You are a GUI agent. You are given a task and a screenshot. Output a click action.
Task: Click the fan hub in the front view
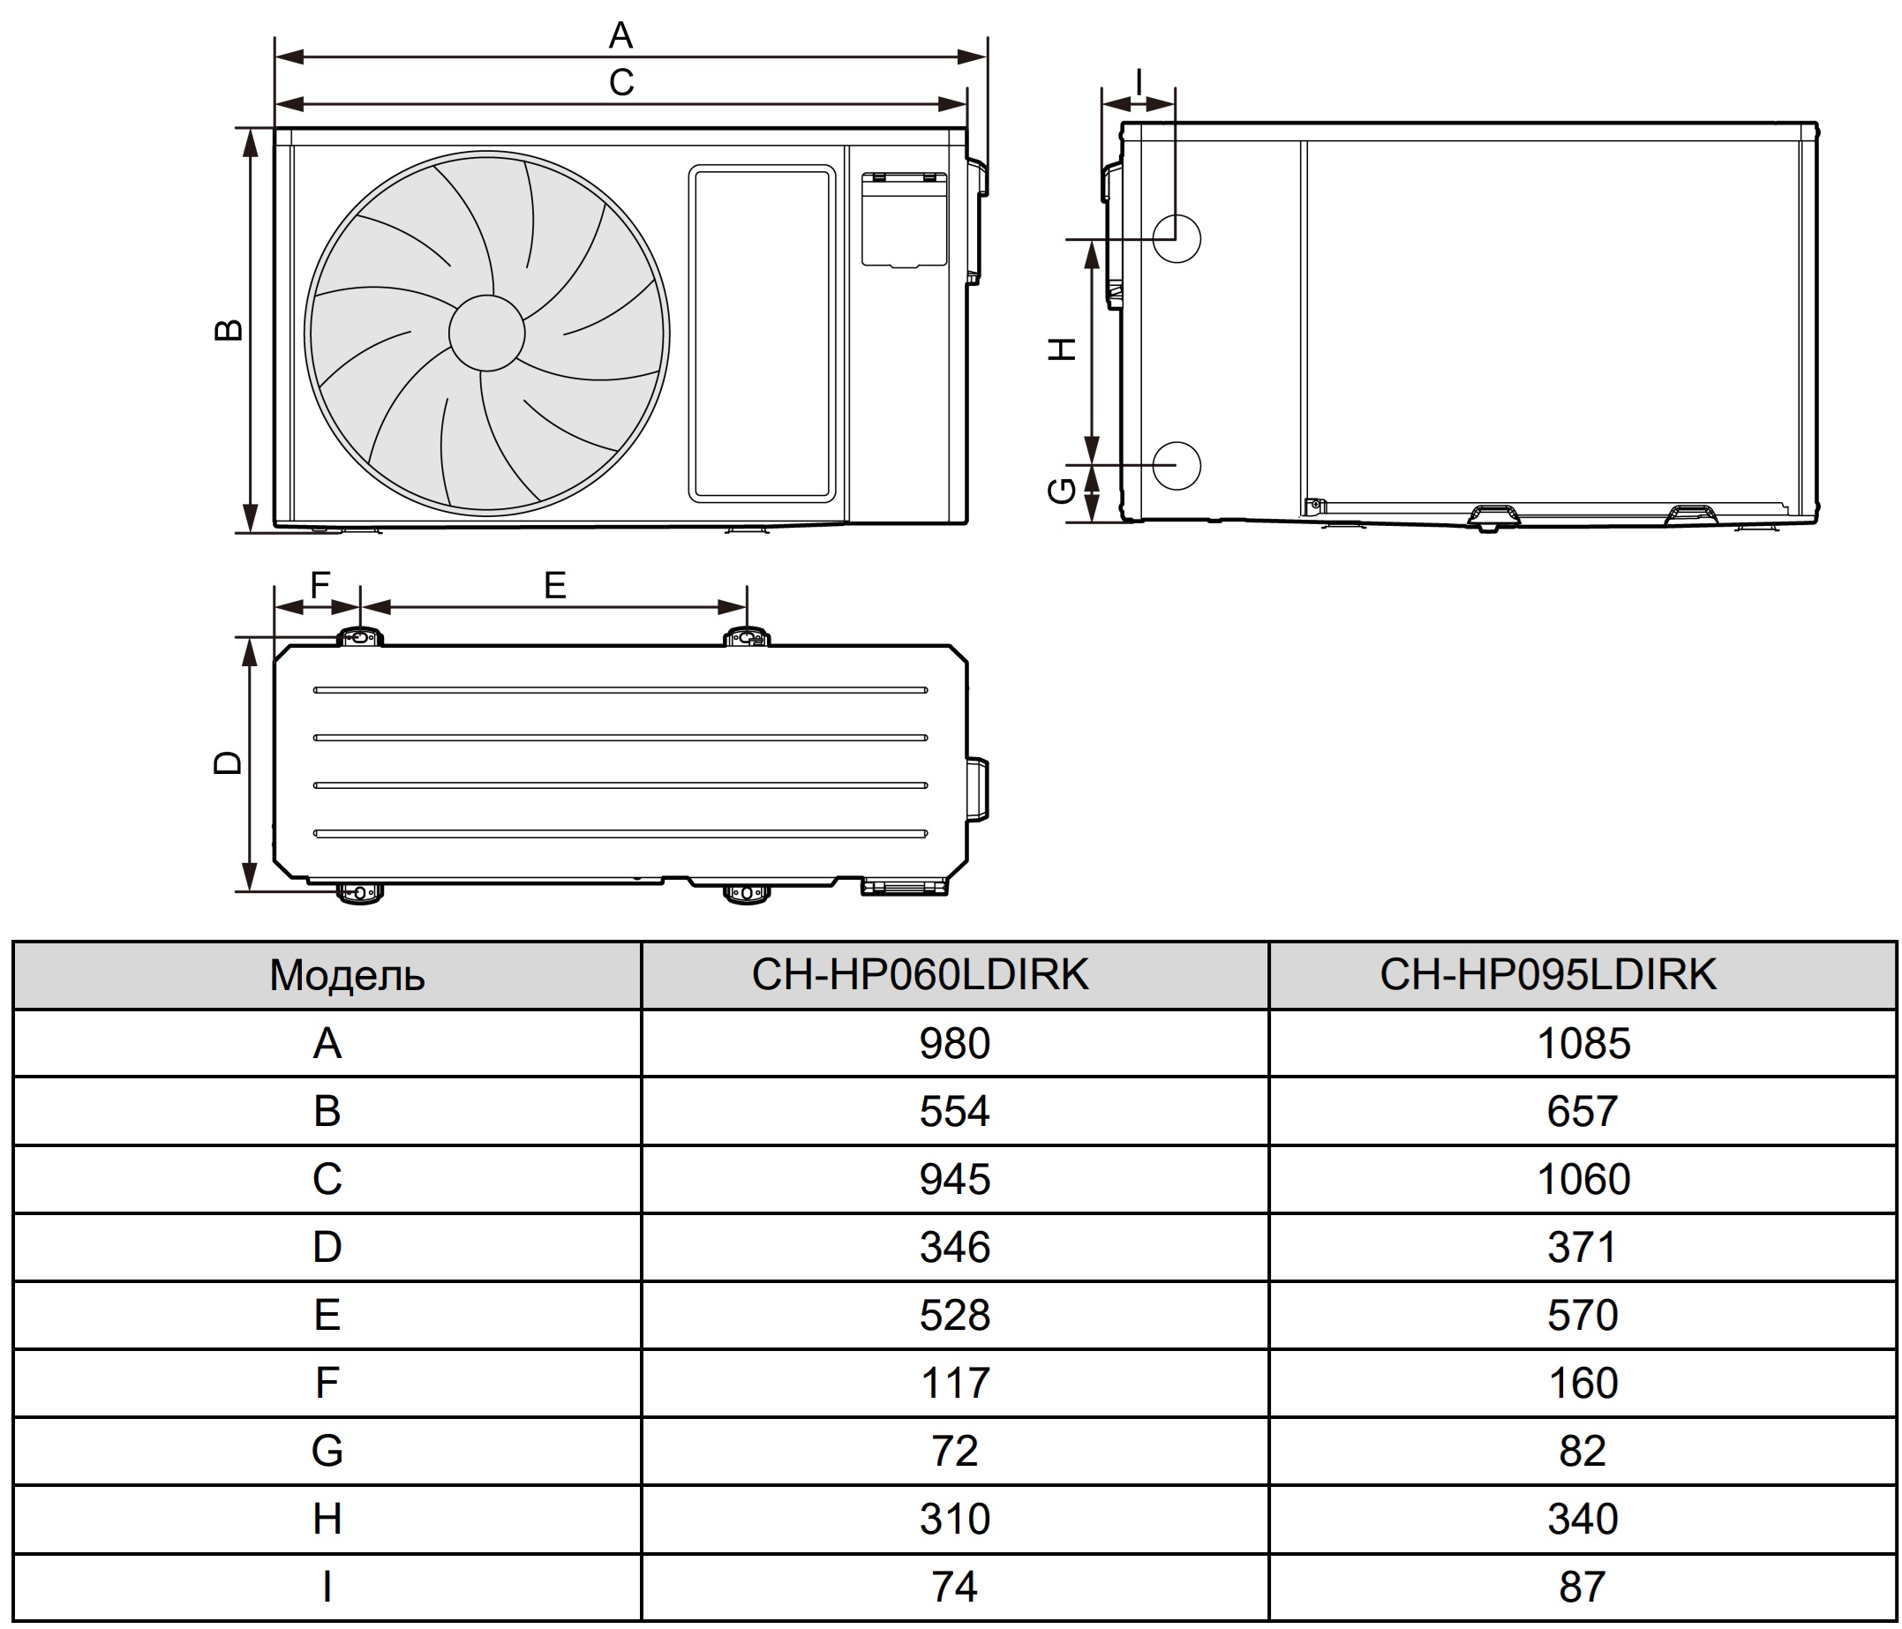486,332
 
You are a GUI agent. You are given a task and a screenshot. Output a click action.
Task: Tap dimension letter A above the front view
620,36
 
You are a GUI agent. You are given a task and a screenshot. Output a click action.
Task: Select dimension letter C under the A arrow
621,83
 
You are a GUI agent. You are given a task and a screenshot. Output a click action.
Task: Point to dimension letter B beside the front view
228,329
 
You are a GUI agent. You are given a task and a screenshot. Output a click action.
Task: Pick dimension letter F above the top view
320,584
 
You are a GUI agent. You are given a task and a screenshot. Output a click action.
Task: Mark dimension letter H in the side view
1062,349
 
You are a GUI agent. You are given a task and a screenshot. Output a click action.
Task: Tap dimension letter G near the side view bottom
1062,491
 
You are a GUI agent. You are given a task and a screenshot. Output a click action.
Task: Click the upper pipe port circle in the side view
1176,238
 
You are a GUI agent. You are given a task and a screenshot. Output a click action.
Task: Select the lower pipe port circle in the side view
1176,464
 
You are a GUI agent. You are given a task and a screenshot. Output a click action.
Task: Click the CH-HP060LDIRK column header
920,974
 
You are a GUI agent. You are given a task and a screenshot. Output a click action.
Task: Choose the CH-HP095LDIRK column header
1548,974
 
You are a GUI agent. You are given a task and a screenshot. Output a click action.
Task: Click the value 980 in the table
955,1043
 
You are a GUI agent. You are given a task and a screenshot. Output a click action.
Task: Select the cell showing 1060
1583,1179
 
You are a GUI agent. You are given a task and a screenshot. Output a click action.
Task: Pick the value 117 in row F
955,1383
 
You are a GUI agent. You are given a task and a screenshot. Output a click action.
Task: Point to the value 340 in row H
1582,1519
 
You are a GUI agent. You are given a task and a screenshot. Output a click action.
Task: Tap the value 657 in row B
1582,1111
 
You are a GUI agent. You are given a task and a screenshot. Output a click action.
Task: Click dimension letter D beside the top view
228,762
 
